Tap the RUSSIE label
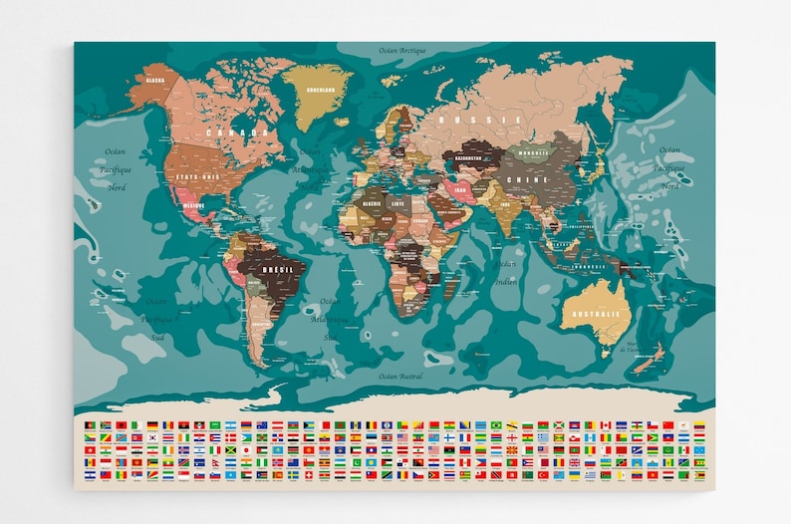click(x=490, y=120)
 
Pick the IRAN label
click(x=460, y=188)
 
